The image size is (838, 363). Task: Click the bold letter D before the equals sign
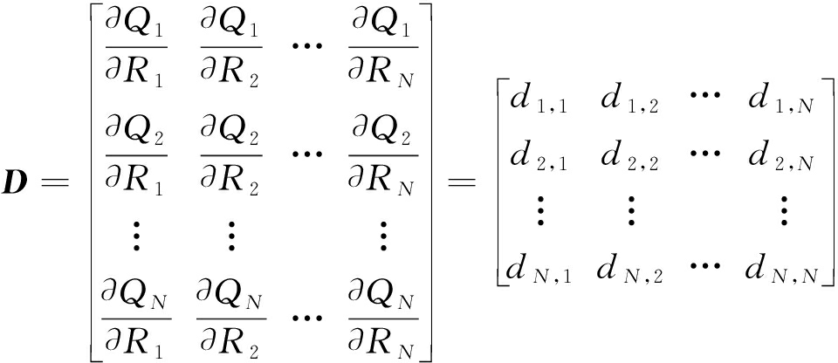(18, 182)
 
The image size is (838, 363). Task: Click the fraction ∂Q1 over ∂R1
(136, 48)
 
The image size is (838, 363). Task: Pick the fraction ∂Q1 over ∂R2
(230, 48)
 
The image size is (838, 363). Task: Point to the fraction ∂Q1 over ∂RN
(382, 48)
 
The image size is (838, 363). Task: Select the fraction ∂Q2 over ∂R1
(136, 155)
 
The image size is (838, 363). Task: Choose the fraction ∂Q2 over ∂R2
(230, 155)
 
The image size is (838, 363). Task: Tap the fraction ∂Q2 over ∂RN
(382, 155)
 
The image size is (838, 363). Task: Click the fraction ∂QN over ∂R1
(136, 319)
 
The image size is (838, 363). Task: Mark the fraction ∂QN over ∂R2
(230, 319)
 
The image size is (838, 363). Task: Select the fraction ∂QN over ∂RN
(382, 319)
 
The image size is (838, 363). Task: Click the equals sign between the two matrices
(461, 183)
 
